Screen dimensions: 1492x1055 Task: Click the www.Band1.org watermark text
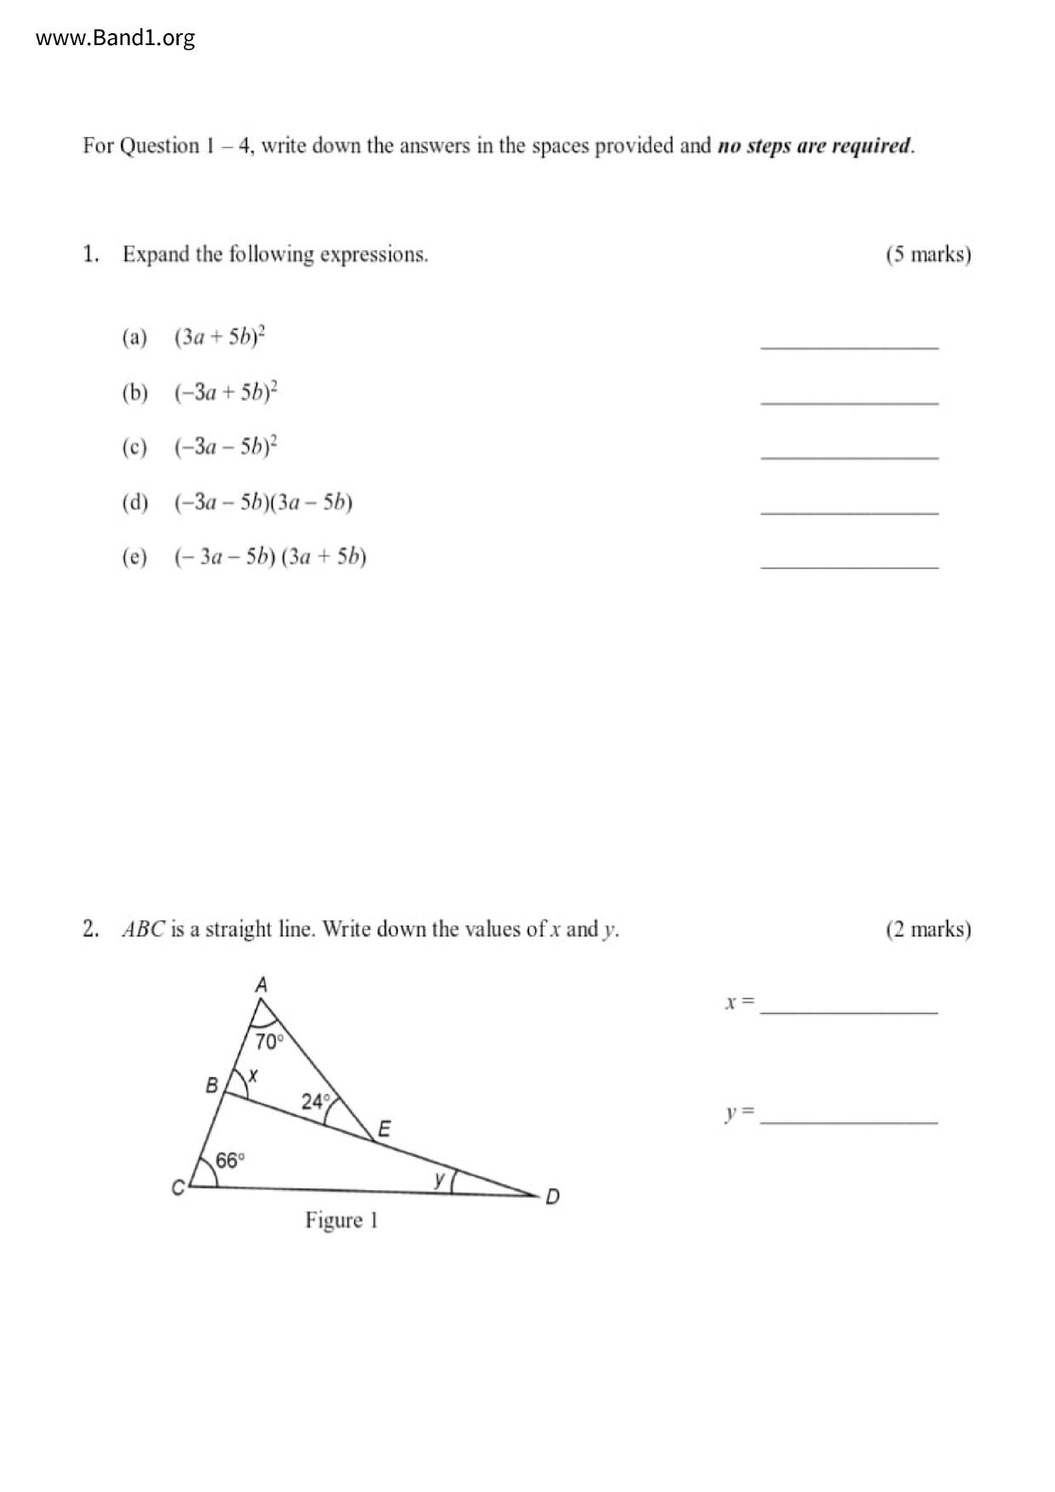116,38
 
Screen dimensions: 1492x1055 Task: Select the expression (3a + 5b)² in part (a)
220,337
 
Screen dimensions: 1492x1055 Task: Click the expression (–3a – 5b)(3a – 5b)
263,502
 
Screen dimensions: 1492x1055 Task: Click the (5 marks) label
927,254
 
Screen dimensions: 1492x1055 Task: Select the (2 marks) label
927,929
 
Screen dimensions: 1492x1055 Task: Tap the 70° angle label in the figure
268,1041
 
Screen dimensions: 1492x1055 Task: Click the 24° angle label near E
315,1102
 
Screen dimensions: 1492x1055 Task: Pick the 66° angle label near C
230,1160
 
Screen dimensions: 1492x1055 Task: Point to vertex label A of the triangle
261,985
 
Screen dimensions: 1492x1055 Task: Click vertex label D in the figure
552,1197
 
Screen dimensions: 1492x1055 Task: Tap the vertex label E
384,1130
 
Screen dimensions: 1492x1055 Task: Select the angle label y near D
439,1179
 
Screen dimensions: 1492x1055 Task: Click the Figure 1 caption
341,1221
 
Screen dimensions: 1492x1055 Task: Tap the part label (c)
134,447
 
